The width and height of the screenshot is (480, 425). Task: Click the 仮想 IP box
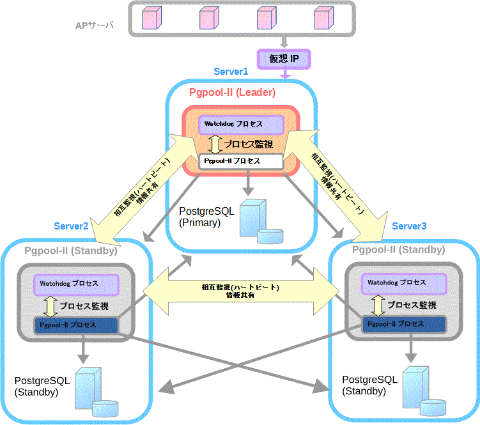(x=284, y=59)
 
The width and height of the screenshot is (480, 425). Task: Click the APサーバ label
(x=94, y=26)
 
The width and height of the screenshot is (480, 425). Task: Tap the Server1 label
(x=231, y=72)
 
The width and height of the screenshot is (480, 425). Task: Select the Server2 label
(x=71, y=226)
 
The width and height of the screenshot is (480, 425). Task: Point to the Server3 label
(x=409, y=226)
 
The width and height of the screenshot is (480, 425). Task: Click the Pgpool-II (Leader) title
(x=233, y=93)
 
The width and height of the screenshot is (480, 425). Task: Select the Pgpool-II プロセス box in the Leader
(x=241, y=161)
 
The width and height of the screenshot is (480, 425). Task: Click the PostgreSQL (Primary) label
(x=206, y=217)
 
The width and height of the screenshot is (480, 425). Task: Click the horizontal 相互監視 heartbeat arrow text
(x=240, y=291)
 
